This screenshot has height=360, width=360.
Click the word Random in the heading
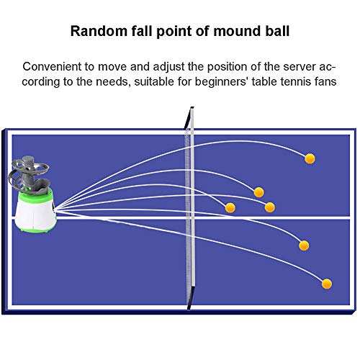pos(93,32)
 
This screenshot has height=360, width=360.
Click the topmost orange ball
pos(310,158)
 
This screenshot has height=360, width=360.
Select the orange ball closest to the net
pos(230,207)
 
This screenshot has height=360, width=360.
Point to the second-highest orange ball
pos(258,192)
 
